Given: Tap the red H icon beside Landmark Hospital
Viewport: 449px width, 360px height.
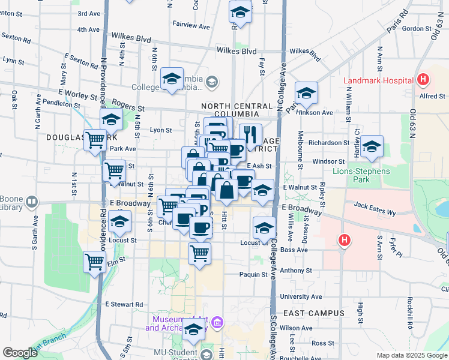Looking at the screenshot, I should click(x=423, y=79).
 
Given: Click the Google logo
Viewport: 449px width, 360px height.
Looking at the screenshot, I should click(x=20, y=352).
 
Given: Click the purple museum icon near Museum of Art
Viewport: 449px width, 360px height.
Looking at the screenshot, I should click(x=217, y=324).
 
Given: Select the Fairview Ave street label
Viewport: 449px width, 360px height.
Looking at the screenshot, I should click(x=191, y=26).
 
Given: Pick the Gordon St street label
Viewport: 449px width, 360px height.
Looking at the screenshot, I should click(x=413, y=28).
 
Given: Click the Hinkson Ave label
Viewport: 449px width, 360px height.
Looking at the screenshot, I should click(x=319, y=112).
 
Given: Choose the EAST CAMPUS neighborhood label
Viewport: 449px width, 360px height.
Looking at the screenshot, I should click(x=313, y=313).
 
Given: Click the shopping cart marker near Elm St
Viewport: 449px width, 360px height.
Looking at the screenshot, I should click(x=95, y=261).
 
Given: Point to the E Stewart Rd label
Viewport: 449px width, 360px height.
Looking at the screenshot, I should click(x=124, y=304).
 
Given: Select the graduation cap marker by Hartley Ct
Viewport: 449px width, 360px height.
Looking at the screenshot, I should click(x=372, y=146).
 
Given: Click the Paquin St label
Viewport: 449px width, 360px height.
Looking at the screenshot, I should click(x=253, y=274).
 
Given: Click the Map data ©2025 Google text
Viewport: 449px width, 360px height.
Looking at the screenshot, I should click(x=411, y=355).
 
